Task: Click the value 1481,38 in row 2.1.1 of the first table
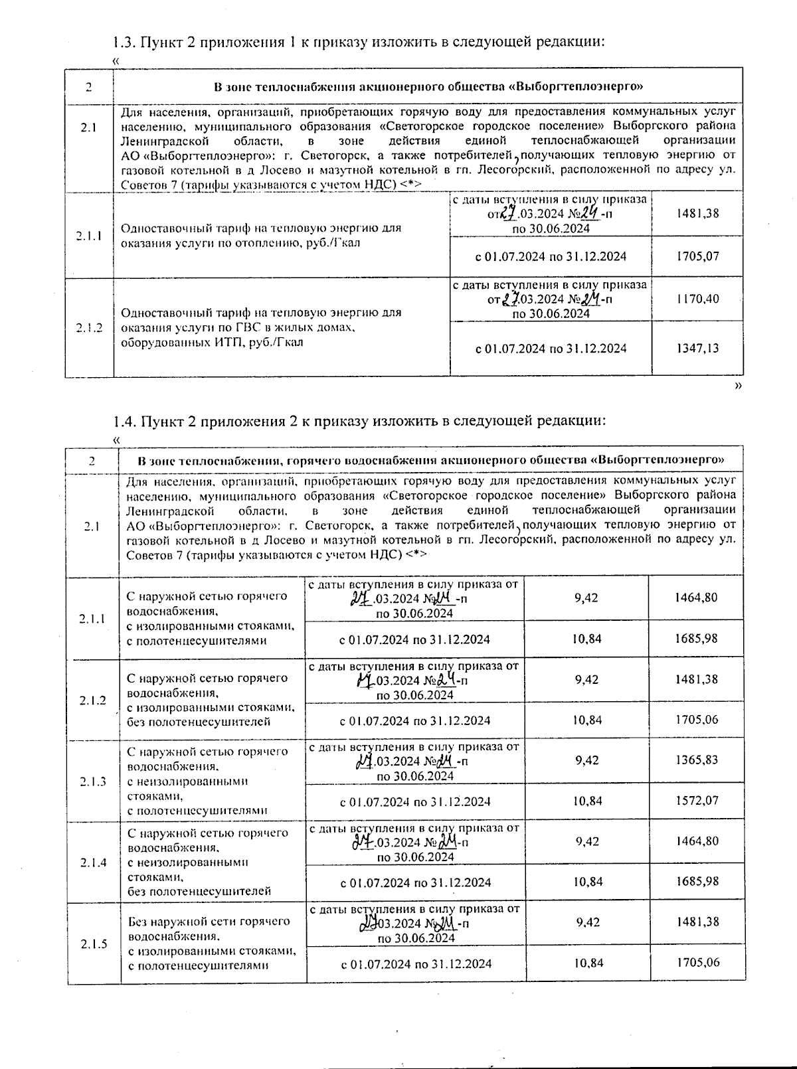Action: (697, 214)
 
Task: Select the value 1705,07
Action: (697, 256)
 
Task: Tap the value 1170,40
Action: (697, 299)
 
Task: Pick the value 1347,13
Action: (697, 348)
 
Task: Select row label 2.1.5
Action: (94, 944)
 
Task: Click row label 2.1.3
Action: (93, 781)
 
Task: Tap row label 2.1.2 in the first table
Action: (89, 327)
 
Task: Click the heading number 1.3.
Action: (124, 42)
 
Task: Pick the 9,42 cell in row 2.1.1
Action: (586, 598)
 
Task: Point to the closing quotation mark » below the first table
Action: (738, 386)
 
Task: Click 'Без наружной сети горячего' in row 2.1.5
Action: (209, 922)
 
